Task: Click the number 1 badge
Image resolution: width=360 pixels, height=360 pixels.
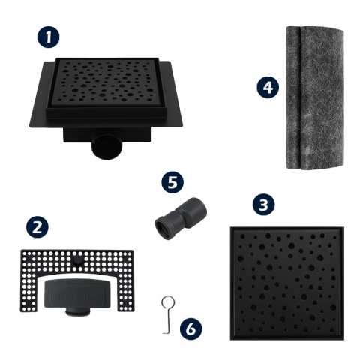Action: click(x=49, y=37)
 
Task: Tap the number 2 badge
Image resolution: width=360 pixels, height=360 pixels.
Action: click(x=37, y=227)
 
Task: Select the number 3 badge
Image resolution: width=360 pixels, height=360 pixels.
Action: click(x=263, y=205)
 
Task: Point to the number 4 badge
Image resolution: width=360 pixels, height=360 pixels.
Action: click(x=268, y=87)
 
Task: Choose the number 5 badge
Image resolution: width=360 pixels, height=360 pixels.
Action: click(x=172, y=182)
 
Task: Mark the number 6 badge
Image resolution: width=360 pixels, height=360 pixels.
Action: click(x=191, y=328)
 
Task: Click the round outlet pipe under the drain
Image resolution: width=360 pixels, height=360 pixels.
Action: click(x=106, y=147)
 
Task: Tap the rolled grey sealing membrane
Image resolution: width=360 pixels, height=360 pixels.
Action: click(x=315, y=97)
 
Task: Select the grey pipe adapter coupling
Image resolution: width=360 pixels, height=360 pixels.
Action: click(x=181, y=218)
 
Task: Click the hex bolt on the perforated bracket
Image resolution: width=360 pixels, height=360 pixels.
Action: click(x=76, y=260)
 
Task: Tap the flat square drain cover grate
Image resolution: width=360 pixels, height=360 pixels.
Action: click(x=287, y=283)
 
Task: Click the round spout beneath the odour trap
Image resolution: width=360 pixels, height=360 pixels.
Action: click(x=77, y=313)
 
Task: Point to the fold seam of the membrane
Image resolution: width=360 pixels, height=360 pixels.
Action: click(x=300, y=97)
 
